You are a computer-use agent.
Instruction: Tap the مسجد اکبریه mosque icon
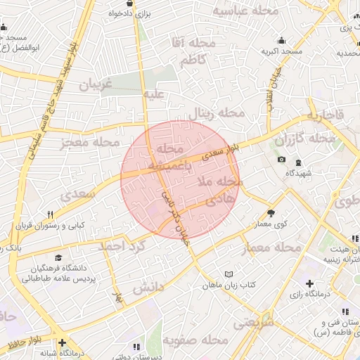pos(282,40)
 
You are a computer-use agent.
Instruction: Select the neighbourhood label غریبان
pos(96,86)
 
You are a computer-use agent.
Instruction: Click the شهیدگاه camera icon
pos(282,160)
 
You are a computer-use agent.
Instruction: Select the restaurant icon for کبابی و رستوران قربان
pos(50,214)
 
